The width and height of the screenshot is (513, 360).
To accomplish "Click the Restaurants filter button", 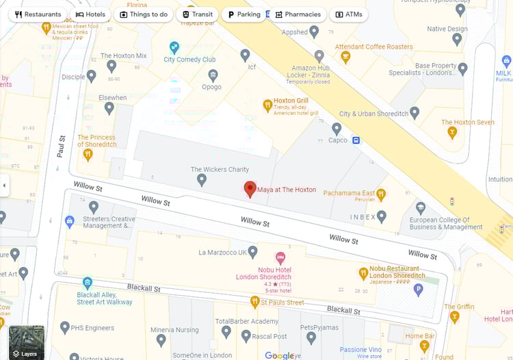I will point(38,14).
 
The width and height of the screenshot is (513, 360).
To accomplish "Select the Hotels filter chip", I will point(90,14).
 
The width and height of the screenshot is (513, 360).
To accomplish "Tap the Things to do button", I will point(143,14).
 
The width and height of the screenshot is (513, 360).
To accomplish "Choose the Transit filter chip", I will point(196,14).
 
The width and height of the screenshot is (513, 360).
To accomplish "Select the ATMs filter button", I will point(348,14).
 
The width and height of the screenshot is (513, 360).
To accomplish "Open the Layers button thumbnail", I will point(27,342).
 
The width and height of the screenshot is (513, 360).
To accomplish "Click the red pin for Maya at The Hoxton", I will point(250,190).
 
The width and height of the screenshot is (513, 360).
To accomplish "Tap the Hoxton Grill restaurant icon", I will point(267,105).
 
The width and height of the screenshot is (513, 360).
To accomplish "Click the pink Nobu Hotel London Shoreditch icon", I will point(280,258).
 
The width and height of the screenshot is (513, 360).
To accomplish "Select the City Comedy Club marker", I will point(174,47).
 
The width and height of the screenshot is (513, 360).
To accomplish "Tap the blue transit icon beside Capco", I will point(356,140).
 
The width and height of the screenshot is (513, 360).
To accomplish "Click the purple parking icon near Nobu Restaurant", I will point(418,290).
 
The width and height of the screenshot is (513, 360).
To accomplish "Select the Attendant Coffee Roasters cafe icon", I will point(345,57).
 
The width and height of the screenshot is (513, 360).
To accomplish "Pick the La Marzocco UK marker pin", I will point(252,252).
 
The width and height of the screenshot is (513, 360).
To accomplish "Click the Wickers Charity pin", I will point(201,180).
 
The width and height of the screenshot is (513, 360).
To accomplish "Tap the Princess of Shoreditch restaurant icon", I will point(88,155).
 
